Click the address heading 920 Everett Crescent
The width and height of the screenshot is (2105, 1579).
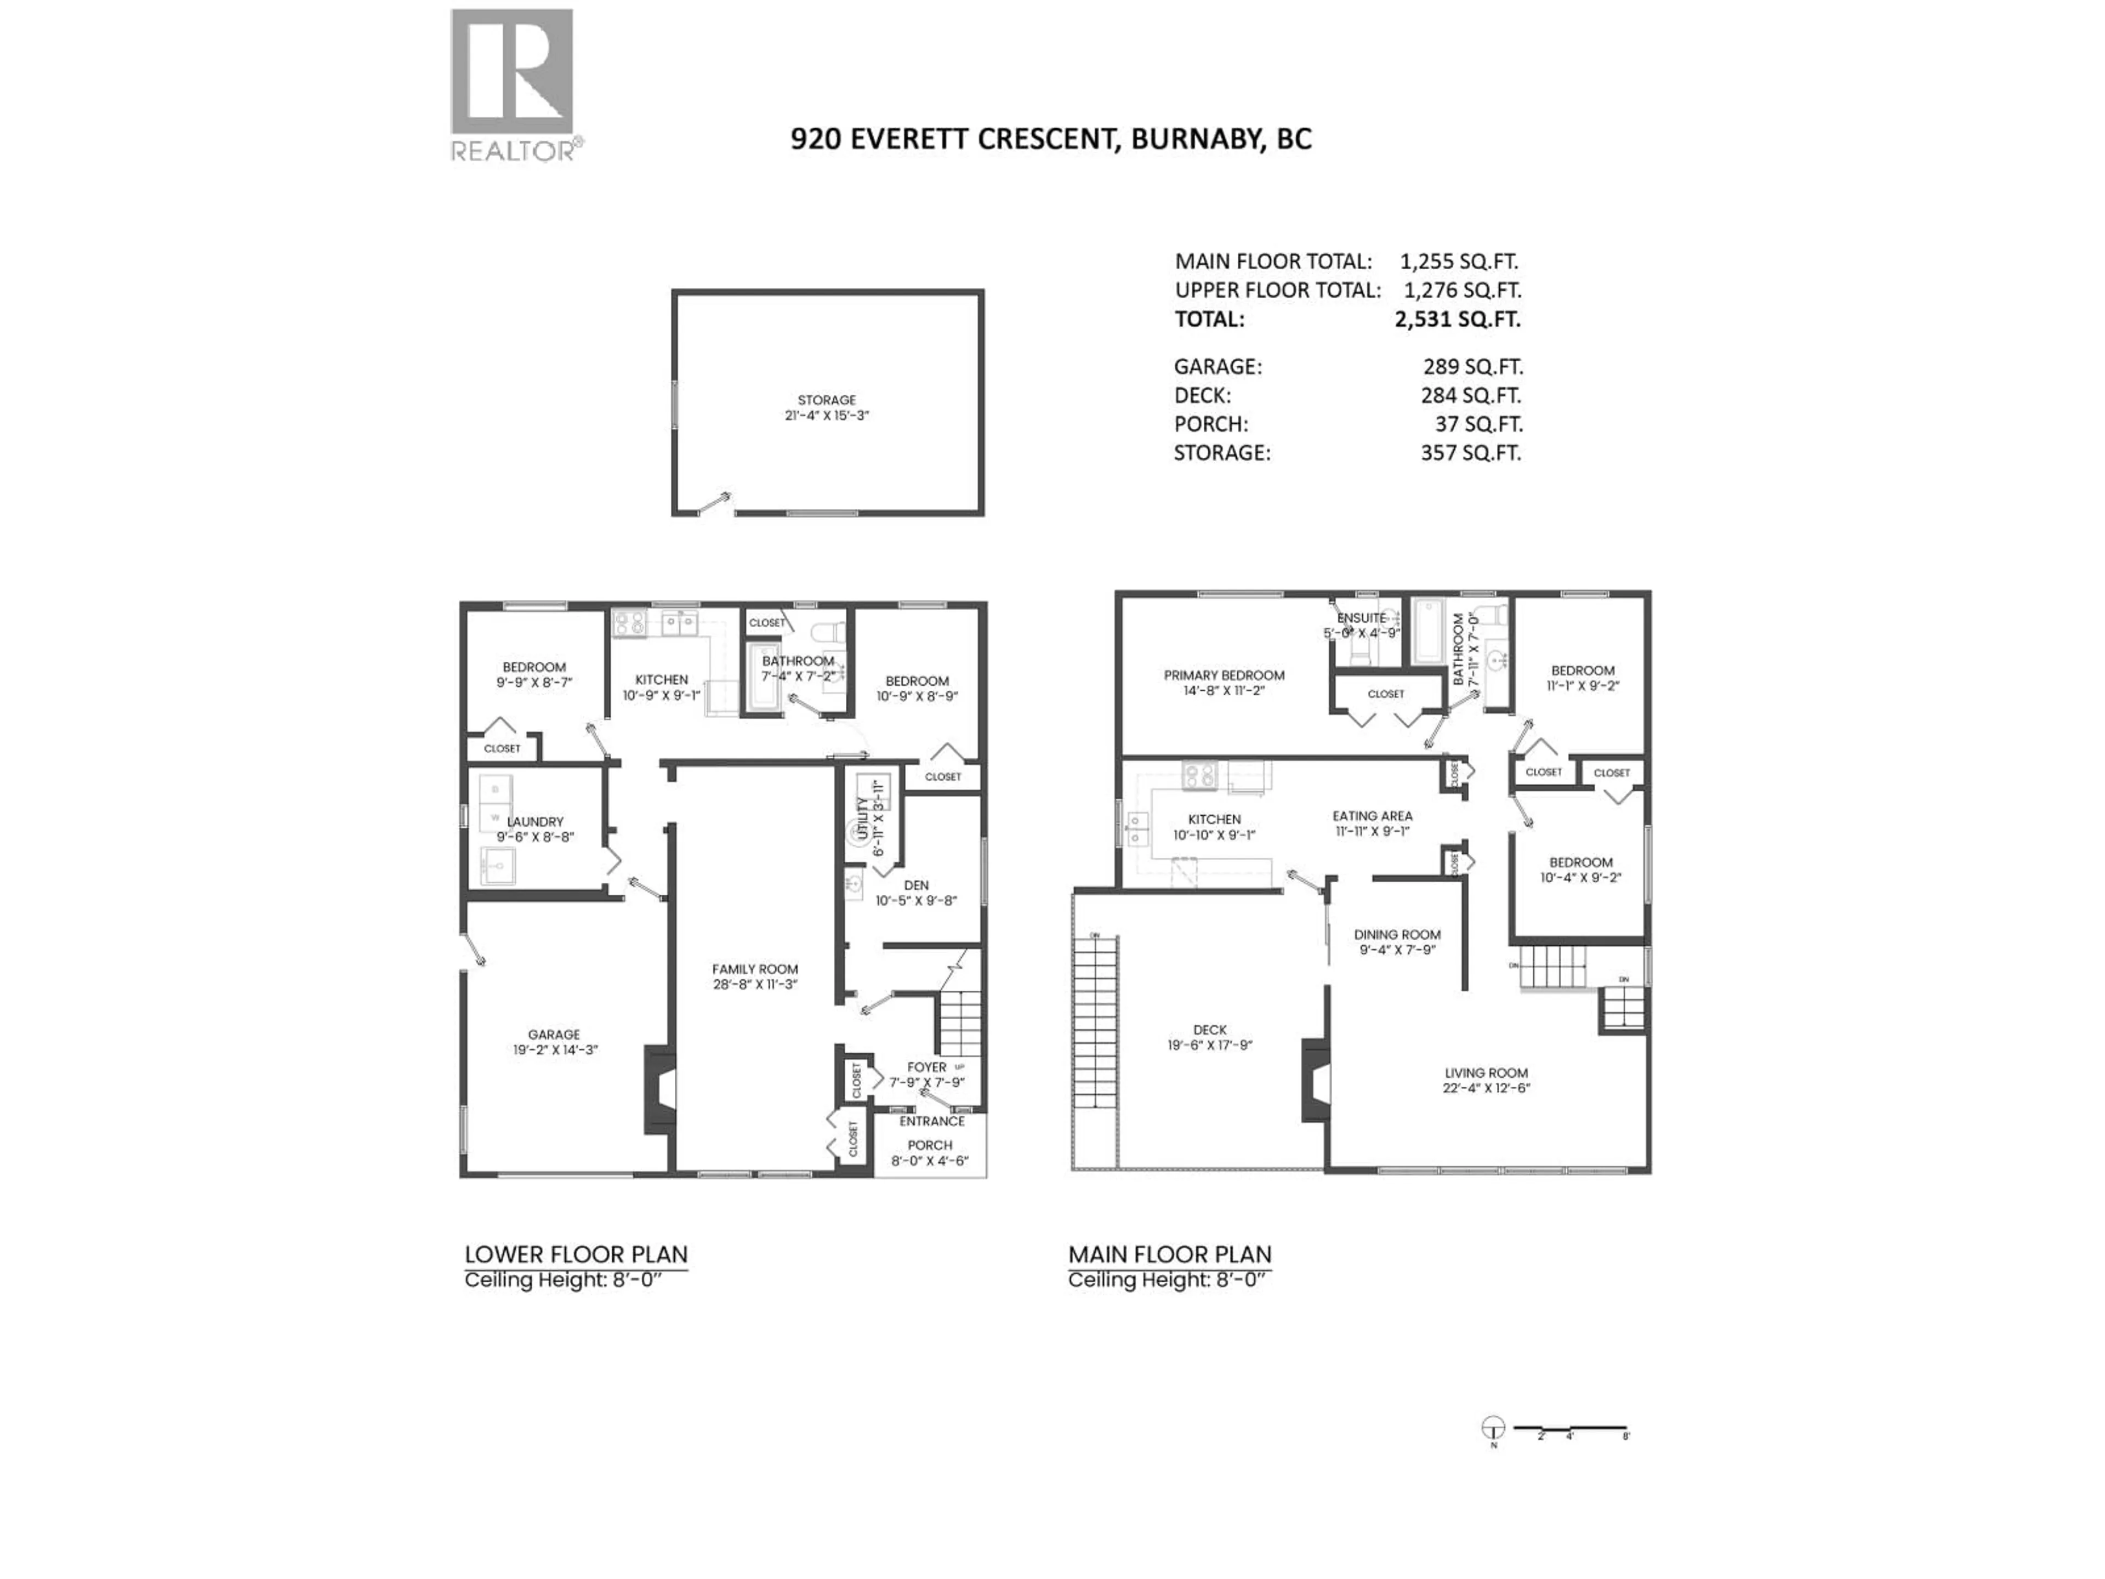coord(1051,139)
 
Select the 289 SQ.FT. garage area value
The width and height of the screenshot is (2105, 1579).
coord(1472,366)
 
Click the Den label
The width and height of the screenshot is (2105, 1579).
coord(917,885)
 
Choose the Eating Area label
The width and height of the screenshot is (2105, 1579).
coord(1372,816)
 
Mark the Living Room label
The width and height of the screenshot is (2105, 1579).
coord(1486,1072)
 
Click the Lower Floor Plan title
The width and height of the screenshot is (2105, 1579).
coord(576,1254)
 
